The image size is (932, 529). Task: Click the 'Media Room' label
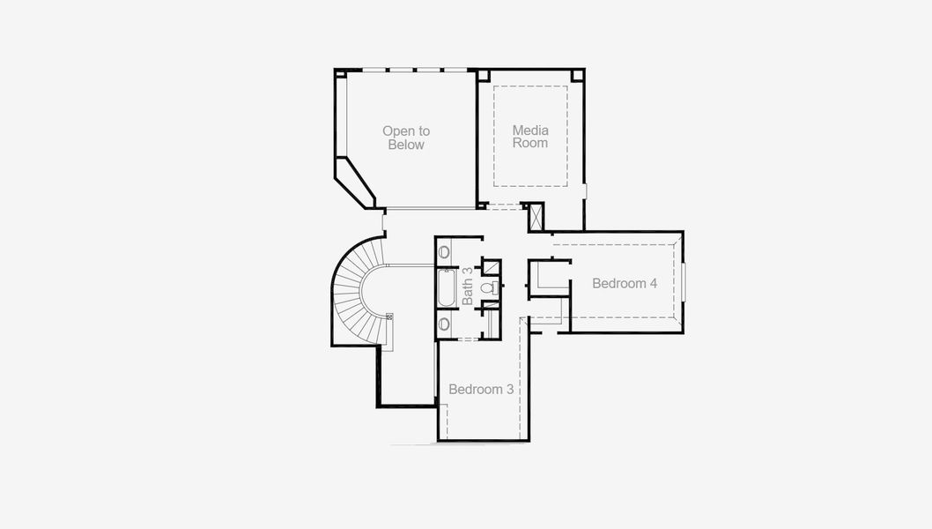(x=530, y=137)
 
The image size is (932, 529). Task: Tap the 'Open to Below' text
(x=406, y=138)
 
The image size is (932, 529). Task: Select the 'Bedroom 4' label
(x=625, y=284)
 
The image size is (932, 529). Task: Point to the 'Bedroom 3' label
(x=481, y=389)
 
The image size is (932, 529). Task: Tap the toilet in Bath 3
(x=487, y=287)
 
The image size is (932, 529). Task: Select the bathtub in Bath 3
(x=446, y=288)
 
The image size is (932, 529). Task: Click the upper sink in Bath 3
(x=444, y=252)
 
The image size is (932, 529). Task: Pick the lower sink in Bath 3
(x=444, y=324)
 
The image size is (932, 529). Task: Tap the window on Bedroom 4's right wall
(x=684, y=281)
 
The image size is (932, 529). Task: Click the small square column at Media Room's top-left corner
(x=484, y=75)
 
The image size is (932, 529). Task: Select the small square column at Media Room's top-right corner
(x=578, y=75)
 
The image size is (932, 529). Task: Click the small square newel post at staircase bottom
(x=389, y=315)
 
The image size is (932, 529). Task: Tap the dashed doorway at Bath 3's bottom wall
(x=468, y=339)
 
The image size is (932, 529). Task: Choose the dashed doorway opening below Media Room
(x=503, y=208)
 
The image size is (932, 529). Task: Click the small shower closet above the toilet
(x=492, y=267)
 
